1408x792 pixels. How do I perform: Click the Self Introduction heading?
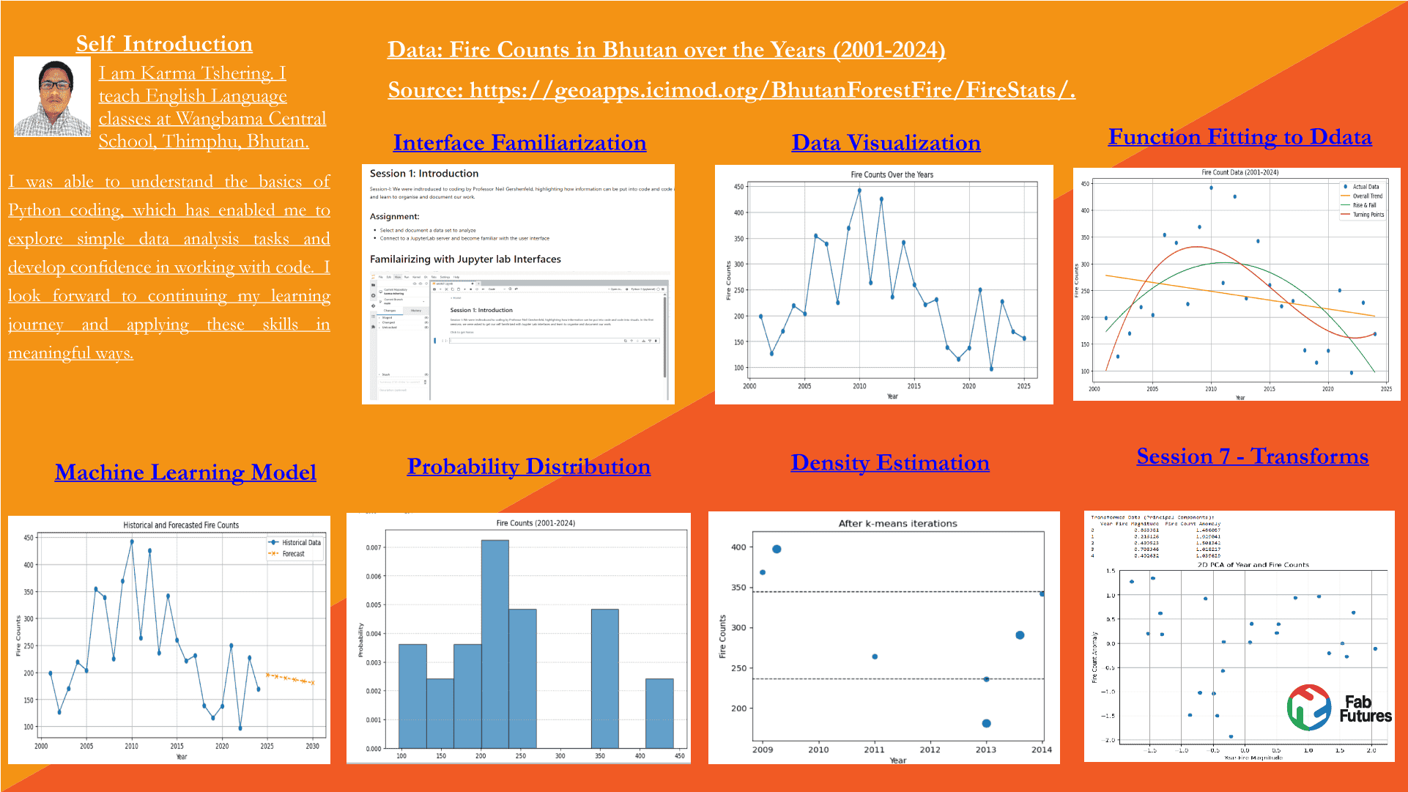tap(164, 44)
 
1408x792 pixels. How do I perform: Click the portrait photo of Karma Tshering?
tap(52, 96)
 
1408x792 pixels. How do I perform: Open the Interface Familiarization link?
tap(519, 142)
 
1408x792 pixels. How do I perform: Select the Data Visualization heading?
tap(886, 142)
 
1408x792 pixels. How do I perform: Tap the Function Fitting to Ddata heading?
tap(1240, 136)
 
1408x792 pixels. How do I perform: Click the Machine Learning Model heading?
tap(185, 472)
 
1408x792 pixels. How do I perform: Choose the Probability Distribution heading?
tap(528, 466)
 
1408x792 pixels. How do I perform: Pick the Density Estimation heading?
tap(890, 462)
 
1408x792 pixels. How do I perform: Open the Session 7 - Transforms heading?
tap(1252, 456)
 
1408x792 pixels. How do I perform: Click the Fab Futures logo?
tap(1339, 708)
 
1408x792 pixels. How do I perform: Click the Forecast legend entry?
tap(293, 554)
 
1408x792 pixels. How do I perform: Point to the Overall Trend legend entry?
tap(1367, 196)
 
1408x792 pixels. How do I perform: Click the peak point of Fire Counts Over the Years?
tap(859, 190)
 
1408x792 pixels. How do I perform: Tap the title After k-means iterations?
tap(897, 523)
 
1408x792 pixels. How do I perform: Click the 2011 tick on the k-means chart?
tap(874, 750)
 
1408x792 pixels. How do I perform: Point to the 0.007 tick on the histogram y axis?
tap(374, 547)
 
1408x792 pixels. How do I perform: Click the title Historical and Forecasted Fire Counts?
tap(181, 525)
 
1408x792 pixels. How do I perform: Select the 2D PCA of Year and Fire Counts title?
tap(1253, 565)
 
